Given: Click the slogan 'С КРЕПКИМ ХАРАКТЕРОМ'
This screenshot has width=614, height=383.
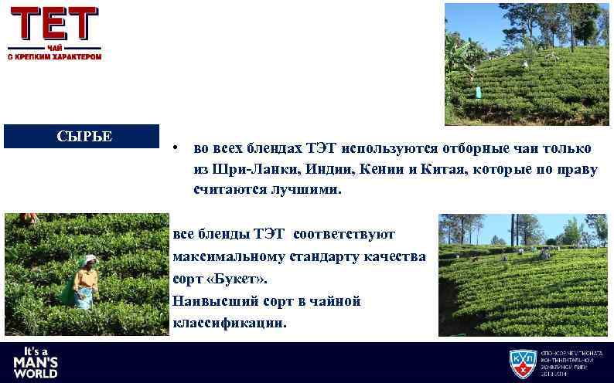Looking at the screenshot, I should coord(55,56).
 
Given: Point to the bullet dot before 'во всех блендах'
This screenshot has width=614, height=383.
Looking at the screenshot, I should coord(177,147).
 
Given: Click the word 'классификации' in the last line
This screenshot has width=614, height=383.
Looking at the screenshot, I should coord(229,322).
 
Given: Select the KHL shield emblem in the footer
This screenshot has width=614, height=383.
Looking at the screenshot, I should coord(523,363).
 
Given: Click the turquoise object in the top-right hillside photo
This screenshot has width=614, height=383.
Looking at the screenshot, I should coord(479,92).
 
